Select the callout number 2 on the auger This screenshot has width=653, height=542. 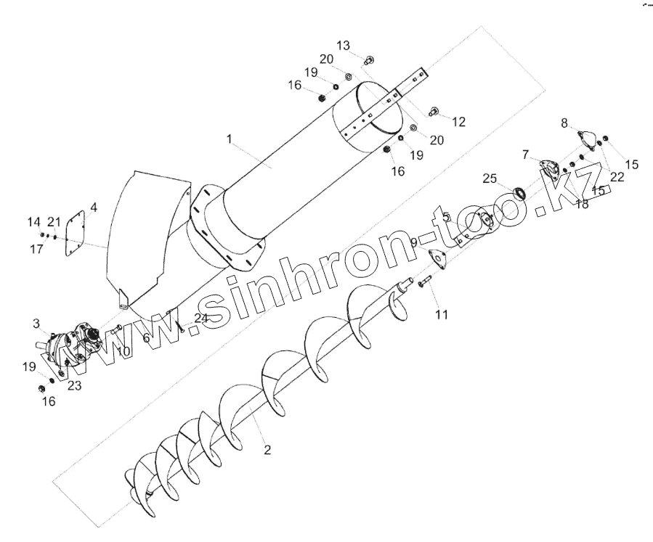tap(267, 450)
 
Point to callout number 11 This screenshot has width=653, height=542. tap(442, 314)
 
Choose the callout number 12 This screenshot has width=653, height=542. tap(458, 121)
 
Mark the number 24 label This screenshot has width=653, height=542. tap(201, 318)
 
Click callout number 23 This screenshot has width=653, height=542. tap(75, 386)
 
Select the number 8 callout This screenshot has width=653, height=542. tap(564, 123)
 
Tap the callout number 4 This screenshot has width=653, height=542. tap(93, 208)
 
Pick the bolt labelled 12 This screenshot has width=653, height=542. tap(435, 111)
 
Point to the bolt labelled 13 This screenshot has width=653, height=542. tap(368, 59)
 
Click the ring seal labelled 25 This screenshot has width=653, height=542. tap(519, 193)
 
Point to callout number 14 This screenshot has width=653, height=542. tap(34, 221)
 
